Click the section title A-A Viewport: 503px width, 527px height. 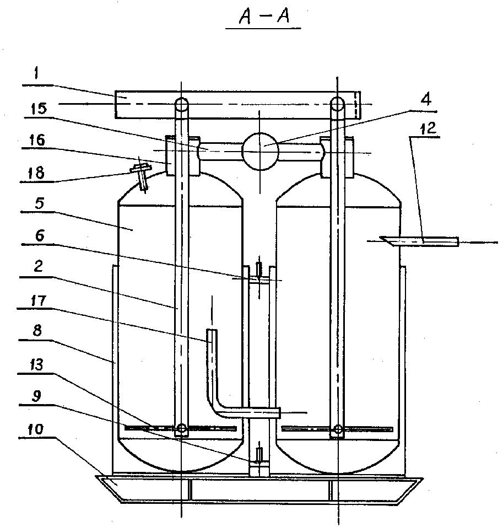[x=264, y=16]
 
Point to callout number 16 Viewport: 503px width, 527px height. [x=37, y=140]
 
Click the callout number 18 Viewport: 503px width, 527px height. [x=36, y=173]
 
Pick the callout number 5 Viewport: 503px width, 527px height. [x=39, y=203]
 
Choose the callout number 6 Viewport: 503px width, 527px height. [x=40, y=235]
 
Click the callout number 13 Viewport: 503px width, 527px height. [x=36, y=364]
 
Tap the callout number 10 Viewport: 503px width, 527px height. [x=36, y=429]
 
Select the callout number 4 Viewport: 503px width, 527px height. [x=426, y=99]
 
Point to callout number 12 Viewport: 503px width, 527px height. [x=427, y=128]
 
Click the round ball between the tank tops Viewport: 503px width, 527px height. [x=261, y=151]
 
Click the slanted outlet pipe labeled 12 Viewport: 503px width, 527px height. [x=420, y=241]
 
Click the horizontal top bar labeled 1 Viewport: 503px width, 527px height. [x=238, y=105]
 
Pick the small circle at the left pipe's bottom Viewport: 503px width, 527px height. [x=181, y=428]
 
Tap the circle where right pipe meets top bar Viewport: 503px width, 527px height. [x=337, y=104]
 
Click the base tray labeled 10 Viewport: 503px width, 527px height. [x=259, y=489]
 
